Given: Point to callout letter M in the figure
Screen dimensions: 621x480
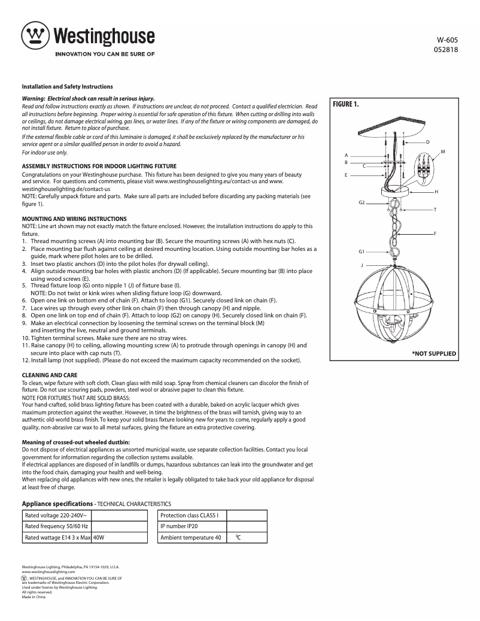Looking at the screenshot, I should point(442,152).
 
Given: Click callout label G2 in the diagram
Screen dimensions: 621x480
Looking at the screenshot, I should point(361,202).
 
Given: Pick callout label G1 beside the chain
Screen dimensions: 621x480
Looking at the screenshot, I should point(361,252).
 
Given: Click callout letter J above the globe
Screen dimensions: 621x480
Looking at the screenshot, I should point(361,264).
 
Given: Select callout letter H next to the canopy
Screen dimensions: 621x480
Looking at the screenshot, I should point(436,192).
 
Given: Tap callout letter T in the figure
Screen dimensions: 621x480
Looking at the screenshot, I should point(435,210).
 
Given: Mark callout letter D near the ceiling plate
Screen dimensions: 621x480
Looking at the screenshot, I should point(428,141).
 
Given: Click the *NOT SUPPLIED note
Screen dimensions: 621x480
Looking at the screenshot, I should point(434,354).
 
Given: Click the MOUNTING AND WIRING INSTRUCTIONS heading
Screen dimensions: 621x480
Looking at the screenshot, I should point(74,219).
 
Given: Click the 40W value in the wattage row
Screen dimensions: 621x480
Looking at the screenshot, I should point(99,538).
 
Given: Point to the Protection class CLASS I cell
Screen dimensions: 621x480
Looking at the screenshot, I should point(190,516).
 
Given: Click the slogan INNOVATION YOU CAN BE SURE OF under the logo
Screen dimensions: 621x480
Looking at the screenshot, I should point(105,53).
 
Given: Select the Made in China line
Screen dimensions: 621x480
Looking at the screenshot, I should point(34,598).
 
